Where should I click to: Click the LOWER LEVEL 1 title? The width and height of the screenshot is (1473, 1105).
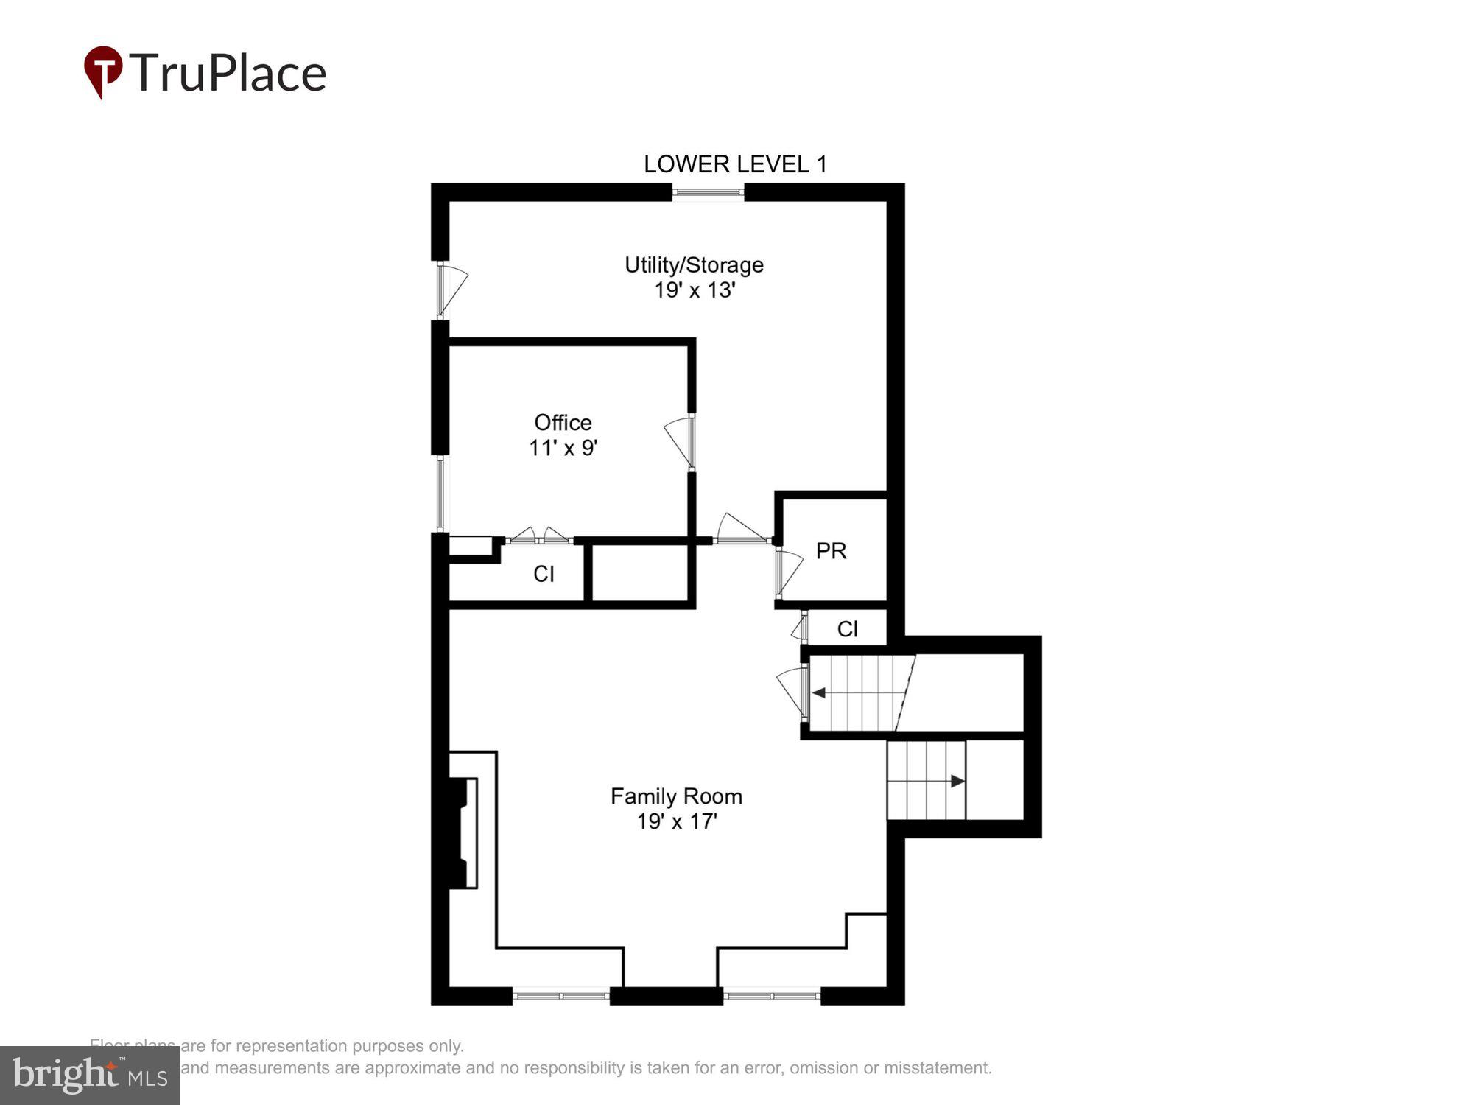pyautogui.click(x=735, y=164)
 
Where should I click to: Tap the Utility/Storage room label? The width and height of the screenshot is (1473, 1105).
pyautogui.click(x=694, y=265)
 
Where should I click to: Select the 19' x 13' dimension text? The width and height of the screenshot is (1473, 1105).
pyautogui.click(x=695, y=290)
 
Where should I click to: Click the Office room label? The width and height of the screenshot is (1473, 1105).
pyautogui.click(x=563, y=423)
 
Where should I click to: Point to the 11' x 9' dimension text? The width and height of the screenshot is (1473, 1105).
pyautogui.click(x=563, y=448)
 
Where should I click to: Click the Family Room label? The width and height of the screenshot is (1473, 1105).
pyautogui.click(x=676, y=796)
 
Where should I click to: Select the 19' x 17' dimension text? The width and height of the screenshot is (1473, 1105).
pyautogui.click(x=676, y=821)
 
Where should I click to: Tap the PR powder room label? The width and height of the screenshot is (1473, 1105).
pyautogui.click(x=831, y=551)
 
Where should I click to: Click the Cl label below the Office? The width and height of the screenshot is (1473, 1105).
pyautogui.click(x=544, y=575)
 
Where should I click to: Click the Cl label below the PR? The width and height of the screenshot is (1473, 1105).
pyautogui.click(x=847, y=629)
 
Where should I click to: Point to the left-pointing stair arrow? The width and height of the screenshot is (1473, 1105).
pyautogui.click(x=819, y=693)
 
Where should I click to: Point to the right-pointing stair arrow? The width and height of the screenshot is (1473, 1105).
pyautogui.click(x=957, y=781)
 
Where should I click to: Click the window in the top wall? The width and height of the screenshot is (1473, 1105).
pyautogui.click(x=708, y=193)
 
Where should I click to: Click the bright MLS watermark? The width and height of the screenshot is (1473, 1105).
pyautogui.click(x=90, y=1075)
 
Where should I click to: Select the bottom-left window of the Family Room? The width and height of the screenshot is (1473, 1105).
pyautogui.click(x=561, y=996)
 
